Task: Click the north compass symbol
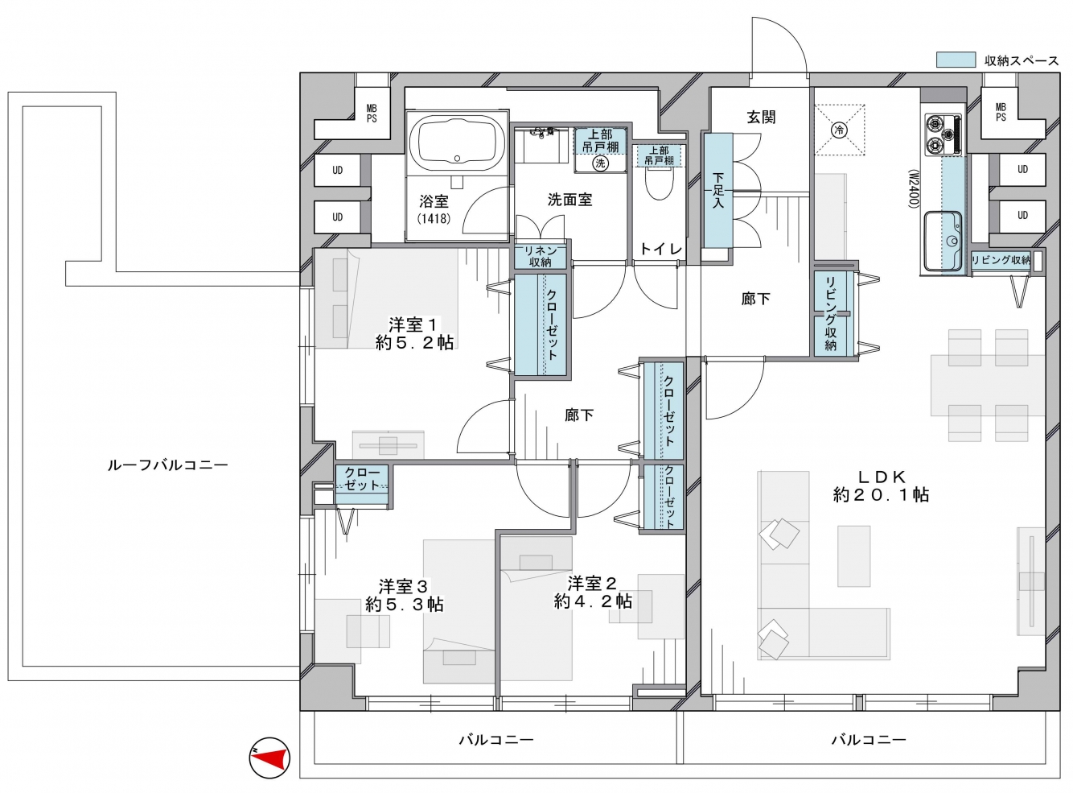point(269,758)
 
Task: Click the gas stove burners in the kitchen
point(943,135)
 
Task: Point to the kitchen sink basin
point(943,242)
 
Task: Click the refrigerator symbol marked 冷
point(840,130)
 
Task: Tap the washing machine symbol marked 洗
point(600,163)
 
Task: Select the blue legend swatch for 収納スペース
point(956,60)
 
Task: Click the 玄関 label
point(761,117)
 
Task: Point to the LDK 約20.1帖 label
point(881,486)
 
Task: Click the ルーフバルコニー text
point(167,465)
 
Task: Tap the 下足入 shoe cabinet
point(718,190)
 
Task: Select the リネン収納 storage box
point(541,256)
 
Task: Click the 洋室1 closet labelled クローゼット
point(540,324)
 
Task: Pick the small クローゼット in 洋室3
point(362,485)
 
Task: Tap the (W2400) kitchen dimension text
point(913,189)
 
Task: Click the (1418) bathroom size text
point(434,218)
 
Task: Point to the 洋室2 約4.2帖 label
point(593,593)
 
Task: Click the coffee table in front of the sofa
point(854,556)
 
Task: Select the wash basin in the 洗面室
point(541,146)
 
